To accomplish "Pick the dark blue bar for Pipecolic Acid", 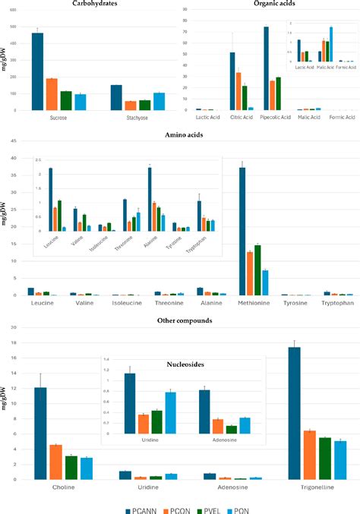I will (267, 68).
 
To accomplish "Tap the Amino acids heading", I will (179, 135).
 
